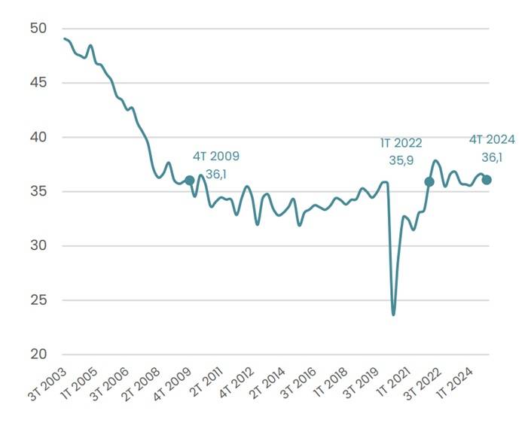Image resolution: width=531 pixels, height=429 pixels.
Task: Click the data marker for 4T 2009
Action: click(190, 181)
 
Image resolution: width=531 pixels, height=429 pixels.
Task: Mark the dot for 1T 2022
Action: click(429, 181)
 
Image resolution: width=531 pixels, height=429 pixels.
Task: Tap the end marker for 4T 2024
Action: click(487, 180)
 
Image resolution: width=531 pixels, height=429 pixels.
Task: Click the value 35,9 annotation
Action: click(401, 160)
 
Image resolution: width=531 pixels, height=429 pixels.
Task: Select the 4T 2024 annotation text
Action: click(492, 139)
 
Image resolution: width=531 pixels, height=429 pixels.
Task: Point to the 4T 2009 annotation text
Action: click(216, 157)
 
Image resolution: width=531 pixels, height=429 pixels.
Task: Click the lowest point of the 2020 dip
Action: click(393, 314)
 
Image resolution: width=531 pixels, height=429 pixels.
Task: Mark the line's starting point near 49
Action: click(65, 38)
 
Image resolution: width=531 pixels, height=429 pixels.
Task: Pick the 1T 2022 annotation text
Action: click(401, 143)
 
